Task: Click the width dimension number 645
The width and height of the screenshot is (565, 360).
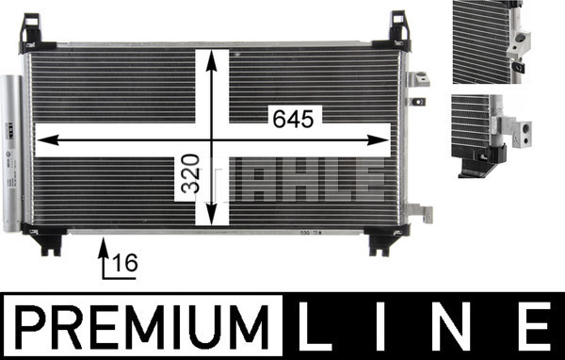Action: (x=293, y=119)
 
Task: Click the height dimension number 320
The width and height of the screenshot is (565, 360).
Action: (x=190, y=173)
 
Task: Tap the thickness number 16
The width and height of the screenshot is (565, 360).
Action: (x=125, y=262)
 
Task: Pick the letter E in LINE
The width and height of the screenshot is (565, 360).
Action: (x=534, y=326)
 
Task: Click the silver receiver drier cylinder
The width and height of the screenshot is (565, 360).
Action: (x=11, y=154)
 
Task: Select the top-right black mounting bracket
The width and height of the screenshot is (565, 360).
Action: (x=395, y=32)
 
